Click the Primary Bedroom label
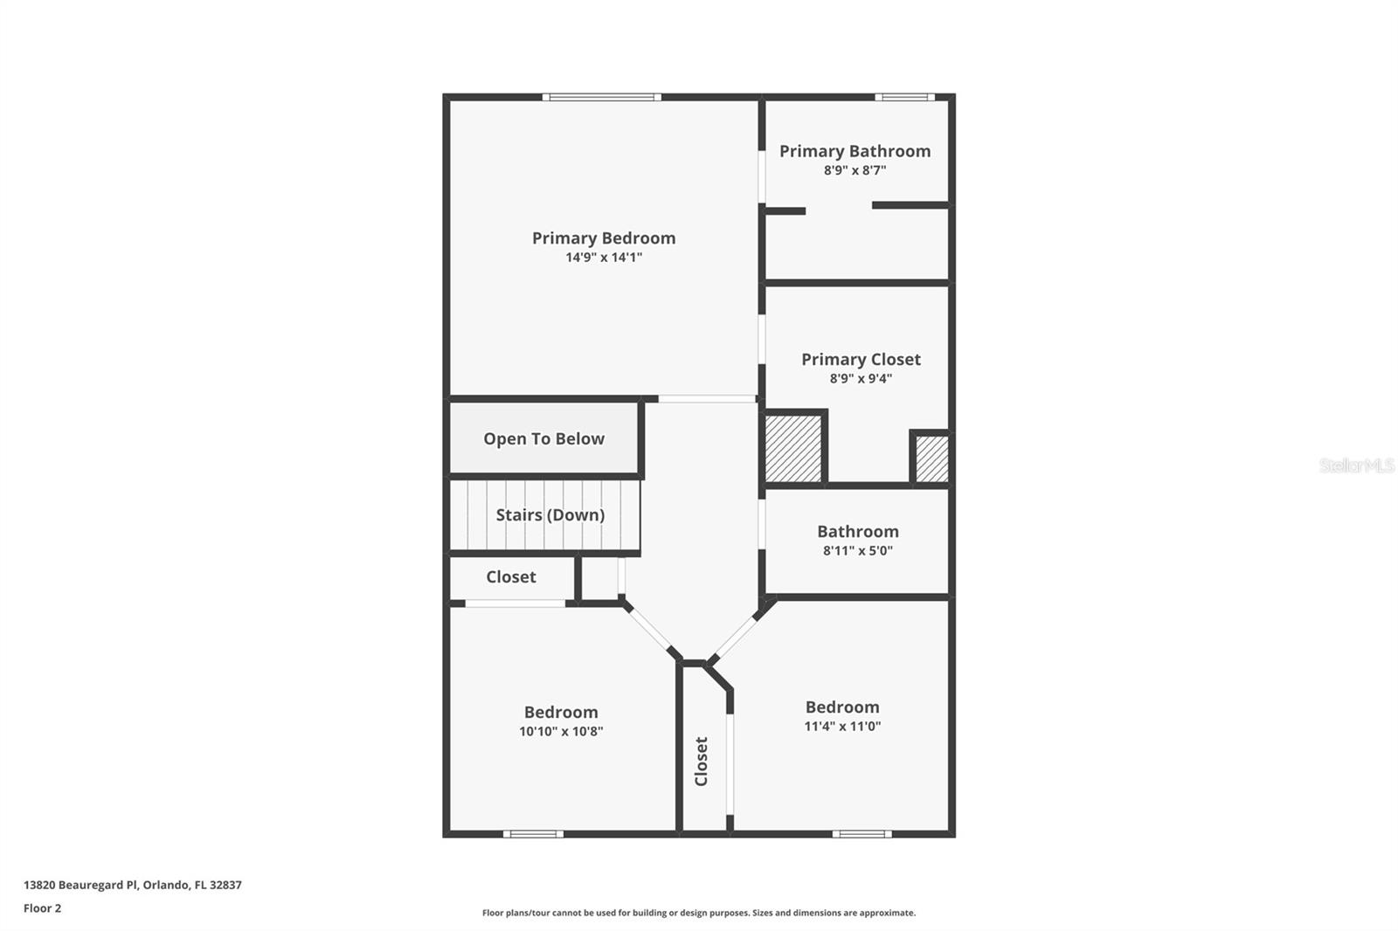coord(603,238)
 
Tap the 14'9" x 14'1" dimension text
coord(603,258)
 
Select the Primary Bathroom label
coord(855,151)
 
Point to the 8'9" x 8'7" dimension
coord(855,170)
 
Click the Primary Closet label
coord(861,359)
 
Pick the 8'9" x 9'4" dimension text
coord(861,379)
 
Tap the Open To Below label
coord(543,438)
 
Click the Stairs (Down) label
coord(550,514)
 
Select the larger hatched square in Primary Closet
coord(793,448)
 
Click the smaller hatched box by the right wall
coord(931,459)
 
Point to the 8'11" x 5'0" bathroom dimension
coord(857,551)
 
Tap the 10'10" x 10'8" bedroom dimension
coord(561,732)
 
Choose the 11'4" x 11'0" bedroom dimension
coord(842,727)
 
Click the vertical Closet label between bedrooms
coord(701,761)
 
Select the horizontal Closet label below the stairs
coord(511,576)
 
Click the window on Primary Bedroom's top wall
coord(601,97)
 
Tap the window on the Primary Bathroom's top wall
coord(904,97)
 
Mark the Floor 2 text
coord(42,908)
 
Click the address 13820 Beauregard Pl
coord(132,885)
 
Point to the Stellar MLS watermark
coord(1356,465)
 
